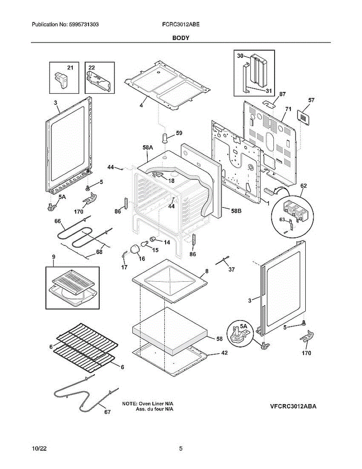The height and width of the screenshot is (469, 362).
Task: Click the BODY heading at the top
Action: (181, 38)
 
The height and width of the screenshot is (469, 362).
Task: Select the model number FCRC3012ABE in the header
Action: (181, 24)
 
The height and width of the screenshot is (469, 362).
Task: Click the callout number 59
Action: (179, 133)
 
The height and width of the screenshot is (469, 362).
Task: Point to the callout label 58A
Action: (148, 148)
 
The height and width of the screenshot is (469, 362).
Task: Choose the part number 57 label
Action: (311, 100)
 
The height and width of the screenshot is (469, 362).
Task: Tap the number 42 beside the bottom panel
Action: (224, 353)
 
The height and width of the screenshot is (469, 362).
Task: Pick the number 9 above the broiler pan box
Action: (53, 257)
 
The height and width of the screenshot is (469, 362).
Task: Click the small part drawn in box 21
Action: (61, 77)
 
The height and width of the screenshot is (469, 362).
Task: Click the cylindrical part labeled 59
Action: (165, 138)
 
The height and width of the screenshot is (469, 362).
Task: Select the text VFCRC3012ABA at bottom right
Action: (293, 406)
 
